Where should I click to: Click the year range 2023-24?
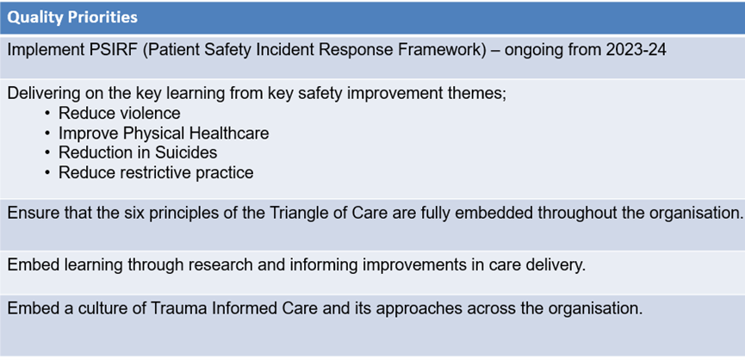[x=636, y=50]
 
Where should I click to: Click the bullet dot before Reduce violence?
[x=47, y=114]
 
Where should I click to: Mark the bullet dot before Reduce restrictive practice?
[x=47, y=173]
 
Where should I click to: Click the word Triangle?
[x=299, y=214]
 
